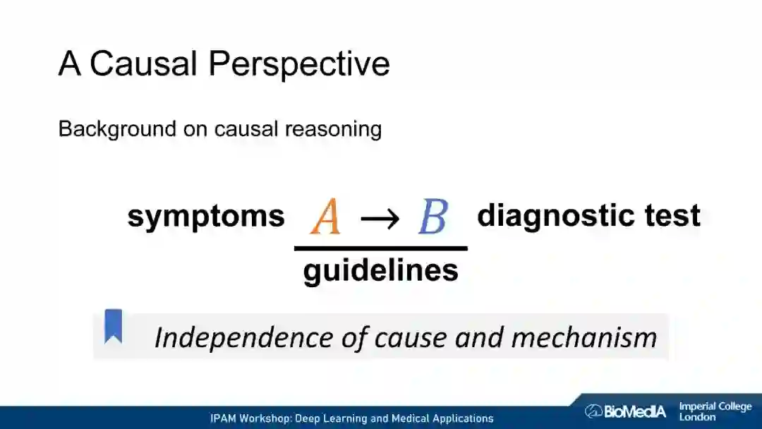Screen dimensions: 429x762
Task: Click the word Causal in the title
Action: (x=143, y=64)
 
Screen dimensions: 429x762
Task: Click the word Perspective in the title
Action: (x=299, y=65)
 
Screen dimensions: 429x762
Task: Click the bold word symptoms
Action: (x=206, y=217)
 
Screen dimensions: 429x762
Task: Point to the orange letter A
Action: (x=325, y=217)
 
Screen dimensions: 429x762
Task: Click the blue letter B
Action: (x=433, y=217)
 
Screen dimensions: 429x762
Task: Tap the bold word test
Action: (x=670, y=215)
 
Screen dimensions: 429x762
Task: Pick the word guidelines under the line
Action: (x=381, y=270)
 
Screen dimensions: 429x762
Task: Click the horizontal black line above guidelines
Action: (x=381, y=248)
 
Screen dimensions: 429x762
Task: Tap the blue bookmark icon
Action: (x=113, y=326)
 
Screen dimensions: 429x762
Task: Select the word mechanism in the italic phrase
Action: (x=583, y=337)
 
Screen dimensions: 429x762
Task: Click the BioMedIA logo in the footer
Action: (x=625, y=411)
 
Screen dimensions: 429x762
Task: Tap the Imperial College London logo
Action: (x=715, y=411)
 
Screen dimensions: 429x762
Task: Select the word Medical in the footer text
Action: (x=409, y=418)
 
